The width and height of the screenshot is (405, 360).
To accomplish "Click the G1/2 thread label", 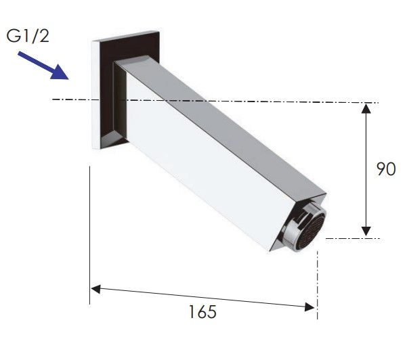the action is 28,36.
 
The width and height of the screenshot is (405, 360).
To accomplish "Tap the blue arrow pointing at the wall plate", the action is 43,65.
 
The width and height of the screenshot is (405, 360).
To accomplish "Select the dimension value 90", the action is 386,169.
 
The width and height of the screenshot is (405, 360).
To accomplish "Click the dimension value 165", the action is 202,312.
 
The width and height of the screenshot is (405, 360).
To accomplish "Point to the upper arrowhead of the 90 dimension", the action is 366,108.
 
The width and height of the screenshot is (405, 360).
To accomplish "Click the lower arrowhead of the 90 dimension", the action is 366,231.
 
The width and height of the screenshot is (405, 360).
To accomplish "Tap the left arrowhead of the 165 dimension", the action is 95,289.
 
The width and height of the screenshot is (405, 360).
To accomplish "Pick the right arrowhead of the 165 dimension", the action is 310,307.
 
